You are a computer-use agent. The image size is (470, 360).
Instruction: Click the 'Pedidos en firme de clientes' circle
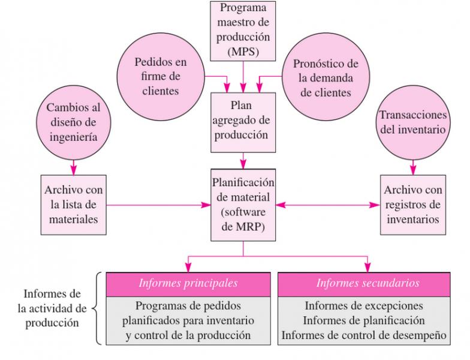[x=161, y=77]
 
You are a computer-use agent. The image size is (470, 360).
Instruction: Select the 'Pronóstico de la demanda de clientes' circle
[x=326, y=77]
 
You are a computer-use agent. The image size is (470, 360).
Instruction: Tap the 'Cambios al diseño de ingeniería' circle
[x=73, y=122]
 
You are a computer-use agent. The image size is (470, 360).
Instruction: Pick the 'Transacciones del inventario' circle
[x=413, y=122]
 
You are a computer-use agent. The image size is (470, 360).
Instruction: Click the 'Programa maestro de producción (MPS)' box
[x=243, y=31]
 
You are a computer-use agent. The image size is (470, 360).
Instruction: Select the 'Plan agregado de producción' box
[x=243, y=122]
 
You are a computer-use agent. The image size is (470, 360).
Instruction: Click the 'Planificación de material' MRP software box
[x=243, y=205]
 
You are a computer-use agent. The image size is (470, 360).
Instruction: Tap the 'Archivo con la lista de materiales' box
[x=73, y=205]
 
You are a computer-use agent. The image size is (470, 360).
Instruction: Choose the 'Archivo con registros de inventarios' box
[x=413, y=205]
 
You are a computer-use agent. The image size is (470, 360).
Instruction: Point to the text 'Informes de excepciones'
[x=364, y=306]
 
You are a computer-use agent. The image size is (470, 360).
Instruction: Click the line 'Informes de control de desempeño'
[x=364, y=335]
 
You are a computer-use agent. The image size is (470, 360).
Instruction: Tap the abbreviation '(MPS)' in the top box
[x=243, y=52]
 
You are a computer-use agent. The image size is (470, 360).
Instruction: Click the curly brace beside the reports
[x=97, y=308]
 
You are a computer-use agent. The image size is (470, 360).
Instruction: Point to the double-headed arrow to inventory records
[x=328, y=205]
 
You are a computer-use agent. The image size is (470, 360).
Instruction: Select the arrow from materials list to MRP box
[x=158, y=205]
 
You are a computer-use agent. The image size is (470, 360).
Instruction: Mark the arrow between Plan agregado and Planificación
[x=243, y=161]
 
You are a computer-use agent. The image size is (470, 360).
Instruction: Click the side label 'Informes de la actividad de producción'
[x=52, y=308]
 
